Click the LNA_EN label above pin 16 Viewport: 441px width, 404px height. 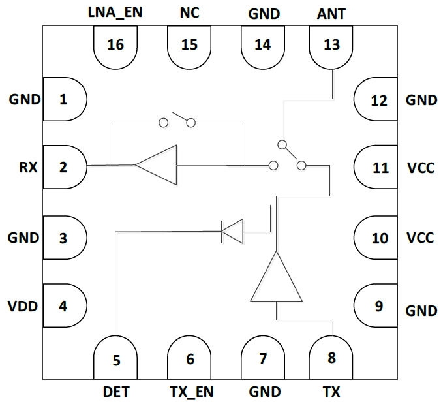(x=116, y=12)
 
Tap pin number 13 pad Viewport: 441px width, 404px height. (x=331, y=46)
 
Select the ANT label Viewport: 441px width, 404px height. (x=331, y=12)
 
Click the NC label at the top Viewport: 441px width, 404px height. (x=189, y=12)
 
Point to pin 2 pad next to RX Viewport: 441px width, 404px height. (x=64, y=168)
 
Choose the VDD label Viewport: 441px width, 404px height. (x=23, y=305)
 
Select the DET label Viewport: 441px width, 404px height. (x=115, y=392)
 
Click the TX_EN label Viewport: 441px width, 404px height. (x=190, y=392)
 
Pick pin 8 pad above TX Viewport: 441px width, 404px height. (x=331, y=357)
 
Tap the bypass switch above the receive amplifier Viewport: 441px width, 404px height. (x=177, y=121)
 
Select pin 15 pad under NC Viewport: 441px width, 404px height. (x=189, y=46)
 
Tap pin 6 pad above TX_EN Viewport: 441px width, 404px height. (x=190, y=357)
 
